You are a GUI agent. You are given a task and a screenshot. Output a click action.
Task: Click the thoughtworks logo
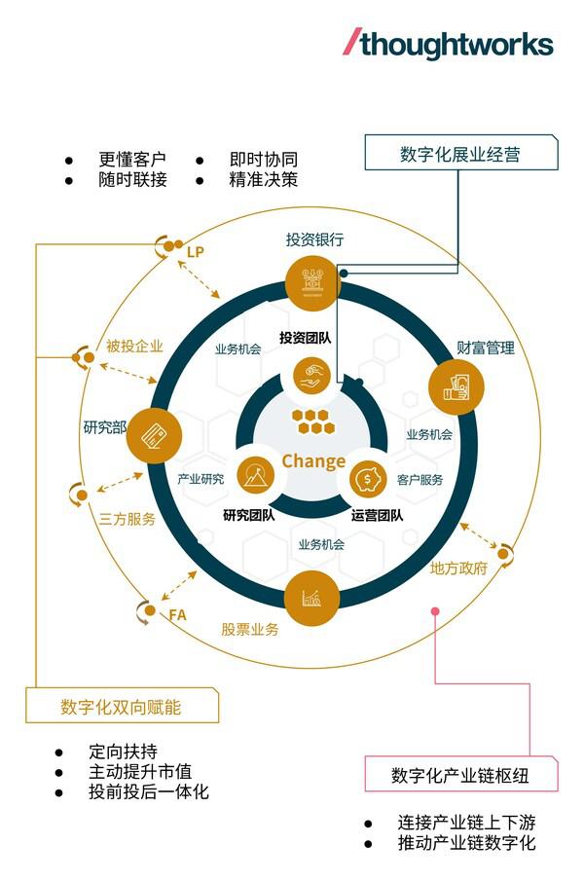(448, 44)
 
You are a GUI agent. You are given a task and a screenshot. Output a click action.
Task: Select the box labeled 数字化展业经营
(461, 152)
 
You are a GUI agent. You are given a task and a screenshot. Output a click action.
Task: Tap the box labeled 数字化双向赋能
(122, 705)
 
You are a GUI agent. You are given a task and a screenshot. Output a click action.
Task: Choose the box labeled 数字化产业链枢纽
(461, 774)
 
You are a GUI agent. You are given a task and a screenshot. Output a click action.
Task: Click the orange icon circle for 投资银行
(312, 282)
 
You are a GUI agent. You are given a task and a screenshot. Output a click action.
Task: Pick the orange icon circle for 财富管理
(456, 387)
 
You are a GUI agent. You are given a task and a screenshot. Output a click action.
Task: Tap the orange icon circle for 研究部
(154, 435)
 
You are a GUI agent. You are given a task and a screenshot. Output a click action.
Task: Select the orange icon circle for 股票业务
(312, 598)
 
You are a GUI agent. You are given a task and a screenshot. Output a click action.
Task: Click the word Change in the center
(313, 460)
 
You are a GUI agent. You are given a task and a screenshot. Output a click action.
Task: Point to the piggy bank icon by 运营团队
(368, 479)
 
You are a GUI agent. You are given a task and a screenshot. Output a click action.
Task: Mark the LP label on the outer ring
(195, 252)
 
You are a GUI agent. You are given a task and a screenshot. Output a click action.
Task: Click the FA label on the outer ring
(177, 615)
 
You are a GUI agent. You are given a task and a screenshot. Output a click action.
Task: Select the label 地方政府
(458, 569)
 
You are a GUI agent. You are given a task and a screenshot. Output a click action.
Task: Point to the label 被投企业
(134, 346)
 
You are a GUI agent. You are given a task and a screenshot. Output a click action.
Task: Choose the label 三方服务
(127, 519)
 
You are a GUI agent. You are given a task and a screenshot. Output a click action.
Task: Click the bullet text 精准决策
(264, 179)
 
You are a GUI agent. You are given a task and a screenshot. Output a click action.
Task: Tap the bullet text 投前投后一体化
(149, 791)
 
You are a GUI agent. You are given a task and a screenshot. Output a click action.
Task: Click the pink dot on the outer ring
(435, 611)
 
